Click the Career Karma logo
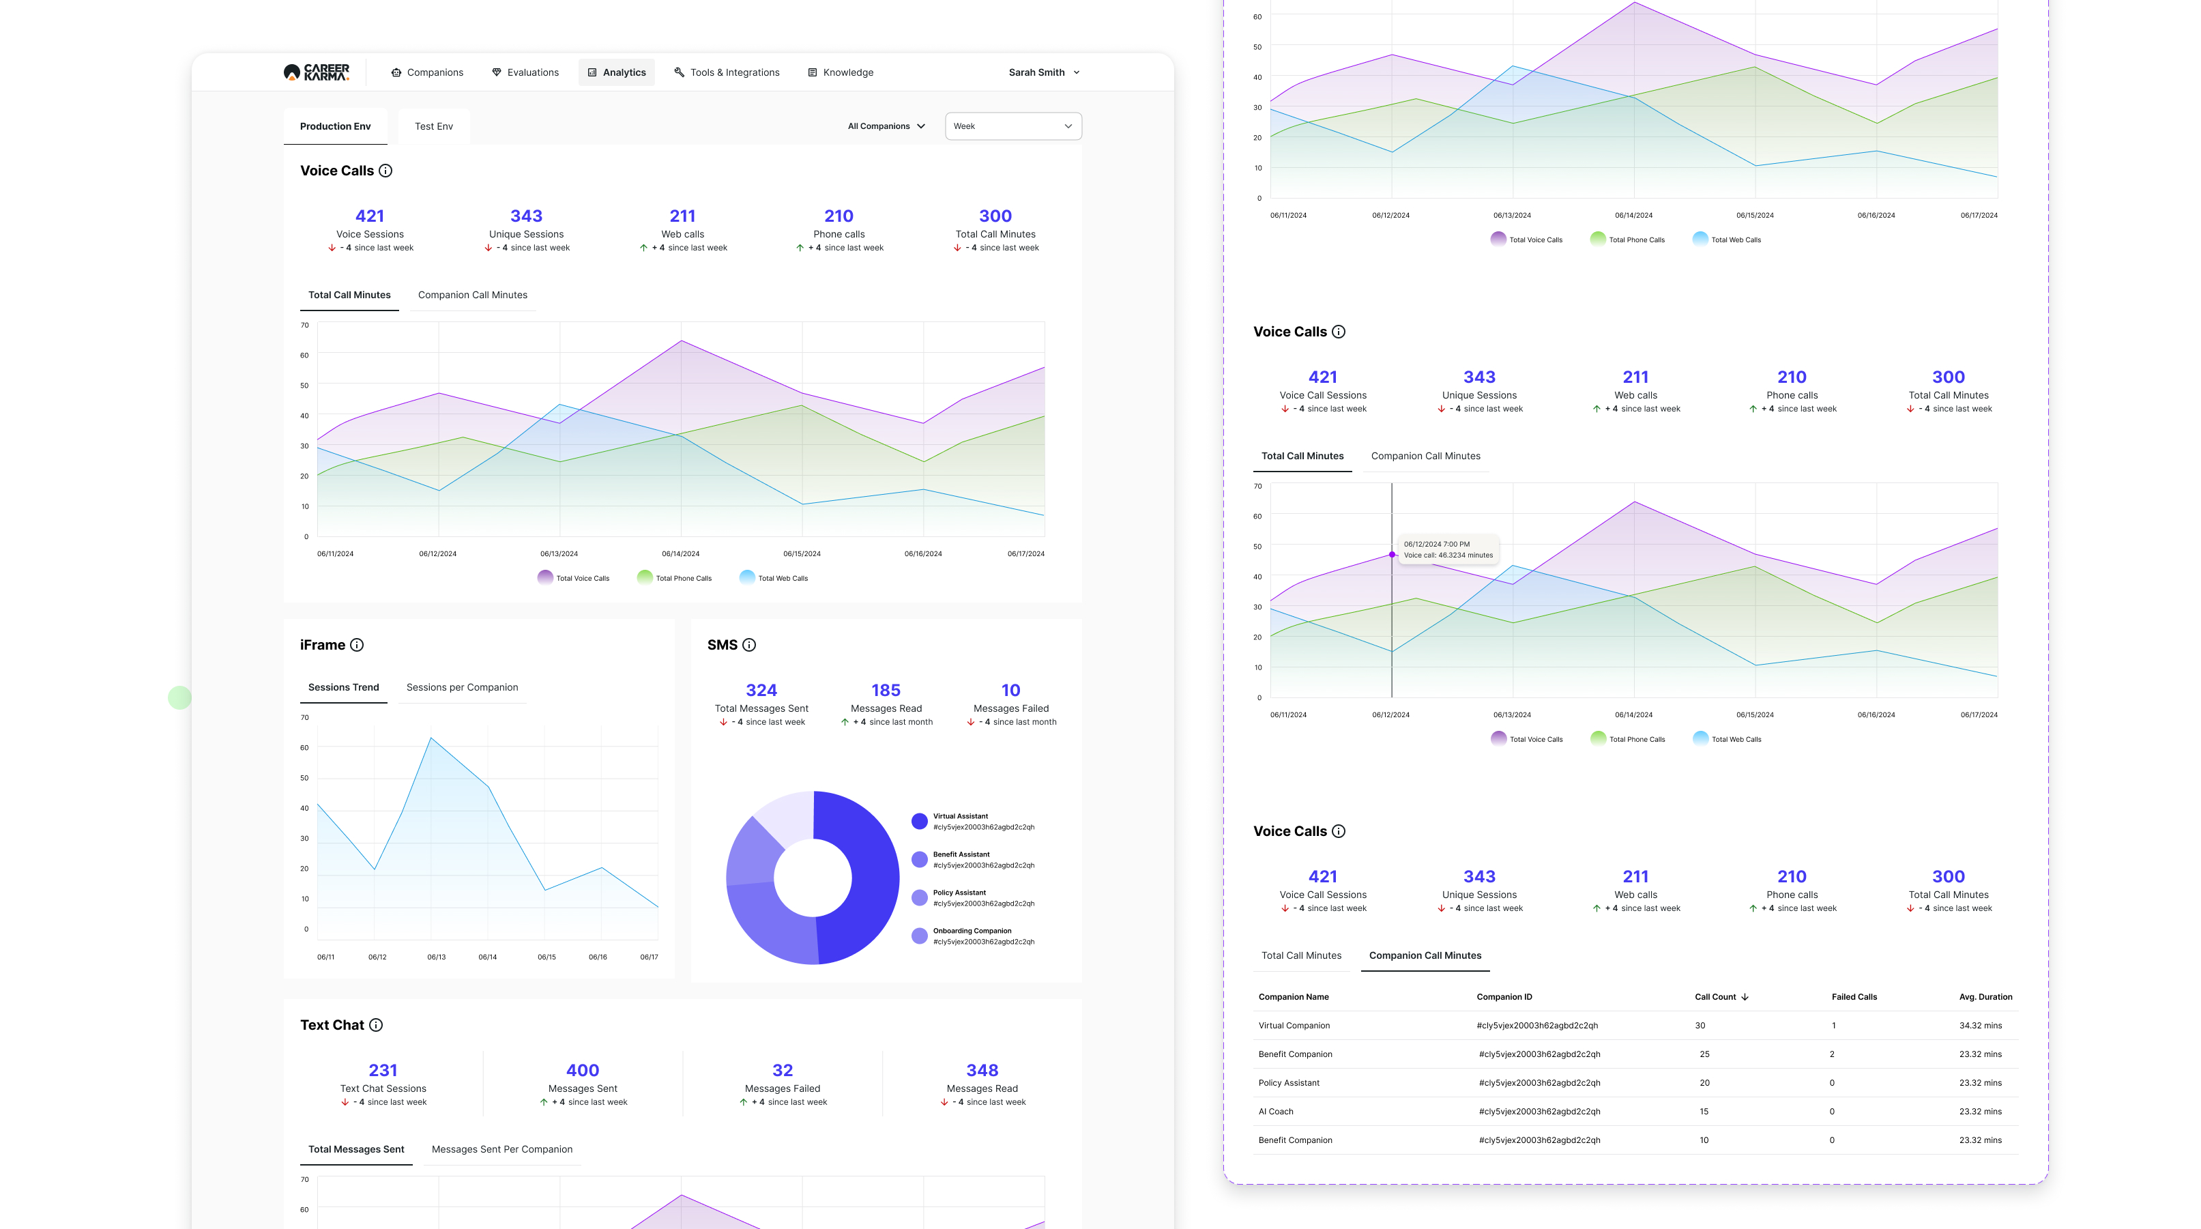pyautogui.click(x=316, y=72)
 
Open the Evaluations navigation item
pyautogui.click(x=525, y=72)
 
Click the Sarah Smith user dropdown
pyautogui.click(x=1044, y=72)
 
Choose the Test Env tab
pyautogui.click(x=434, y=126)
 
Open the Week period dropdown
pyautogui.click(x=1013, y=126)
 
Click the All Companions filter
pyautogui.click(x=886, y=126)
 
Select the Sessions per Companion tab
pyautogui.click(x=463, y=687)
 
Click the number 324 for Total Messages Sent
pyautogui.click(x=761, y=690)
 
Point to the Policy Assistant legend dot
pyautogui.click(x=920, y=897)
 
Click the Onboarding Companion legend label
pyautogui.click(x=972, y=931)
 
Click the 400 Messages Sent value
pyautogui.click(x=583, y=1070)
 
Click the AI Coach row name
pyautogui.click(x=1276, y=1112)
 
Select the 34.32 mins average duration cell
pyautogui.click(x=1981, y=1026)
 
